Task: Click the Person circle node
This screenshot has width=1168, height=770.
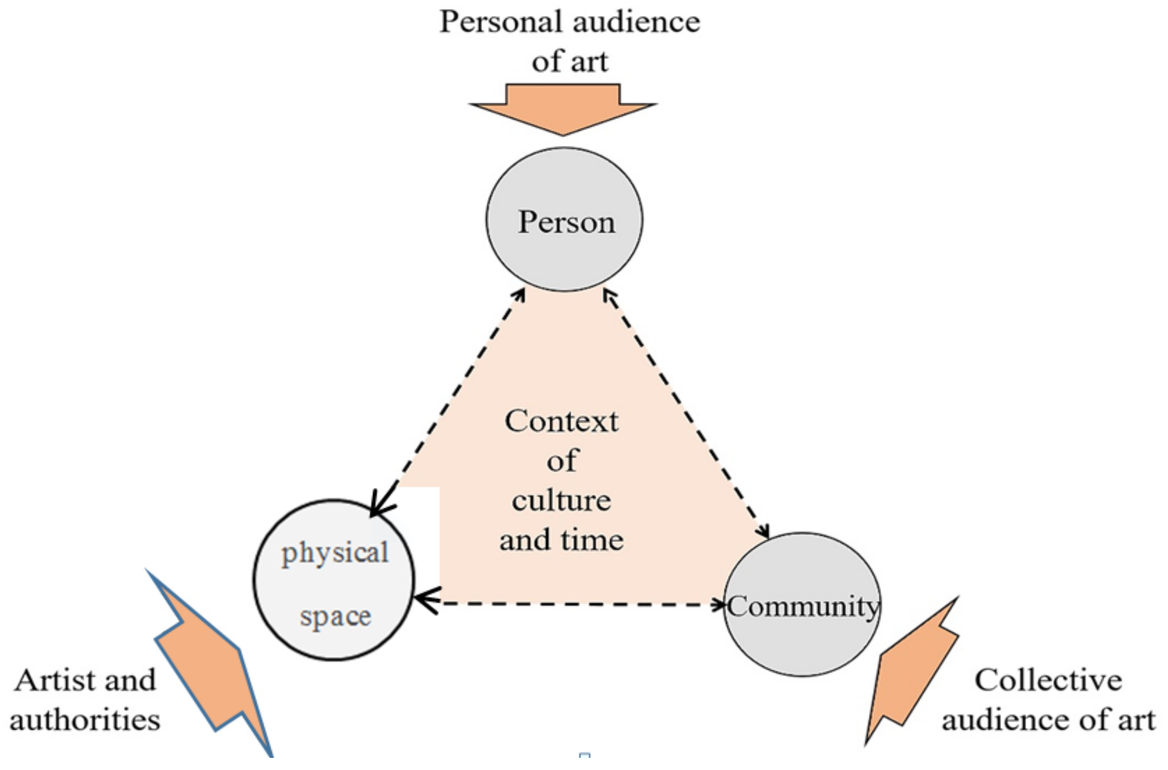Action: coord(564,220)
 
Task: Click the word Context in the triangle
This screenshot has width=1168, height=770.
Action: coord(561,421)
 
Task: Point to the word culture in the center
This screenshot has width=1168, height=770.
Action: coord(561,501)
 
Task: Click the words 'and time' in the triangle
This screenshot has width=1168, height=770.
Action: coord(561,541)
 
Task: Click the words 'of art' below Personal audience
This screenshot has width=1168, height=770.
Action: coord(570,62)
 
